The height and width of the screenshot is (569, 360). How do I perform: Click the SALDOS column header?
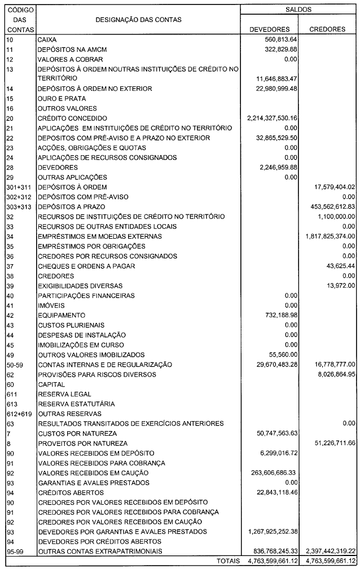(x=298, y=10)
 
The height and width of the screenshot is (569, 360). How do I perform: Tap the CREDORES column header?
(x=327, y=29)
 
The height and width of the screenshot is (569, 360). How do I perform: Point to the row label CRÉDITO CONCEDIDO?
(x=72, y=118)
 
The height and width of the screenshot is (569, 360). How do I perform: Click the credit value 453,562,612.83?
(x=328, y=207)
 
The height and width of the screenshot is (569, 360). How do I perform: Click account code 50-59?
(x=14, y=364)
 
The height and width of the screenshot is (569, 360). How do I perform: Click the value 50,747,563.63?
(x=274, y=433)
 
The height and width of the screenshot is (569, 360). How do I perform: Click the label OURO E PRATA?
(x=59, y=98)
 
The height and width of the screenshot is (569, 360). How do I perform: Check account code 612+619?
(x=17, y=413)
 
